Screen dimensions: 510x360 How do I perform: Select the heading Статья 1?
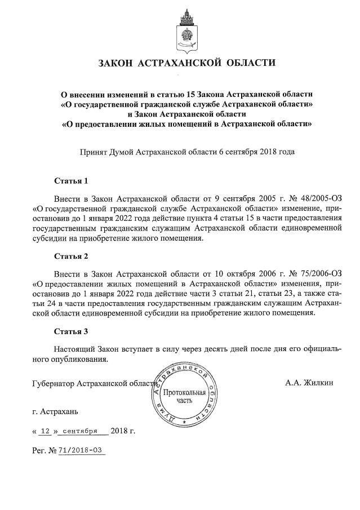pyautogui.click(x=72, y=182)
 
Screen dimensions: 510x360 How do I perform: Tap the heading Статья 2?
pyautogui.click(x=72, y=256)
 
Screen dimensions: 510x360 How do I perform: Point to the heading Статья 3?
pyautogui.click(x=72, y=331)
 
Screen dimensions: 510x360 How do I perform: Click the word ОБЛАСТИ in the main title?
pyautogui.click(x=248, y=63)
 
